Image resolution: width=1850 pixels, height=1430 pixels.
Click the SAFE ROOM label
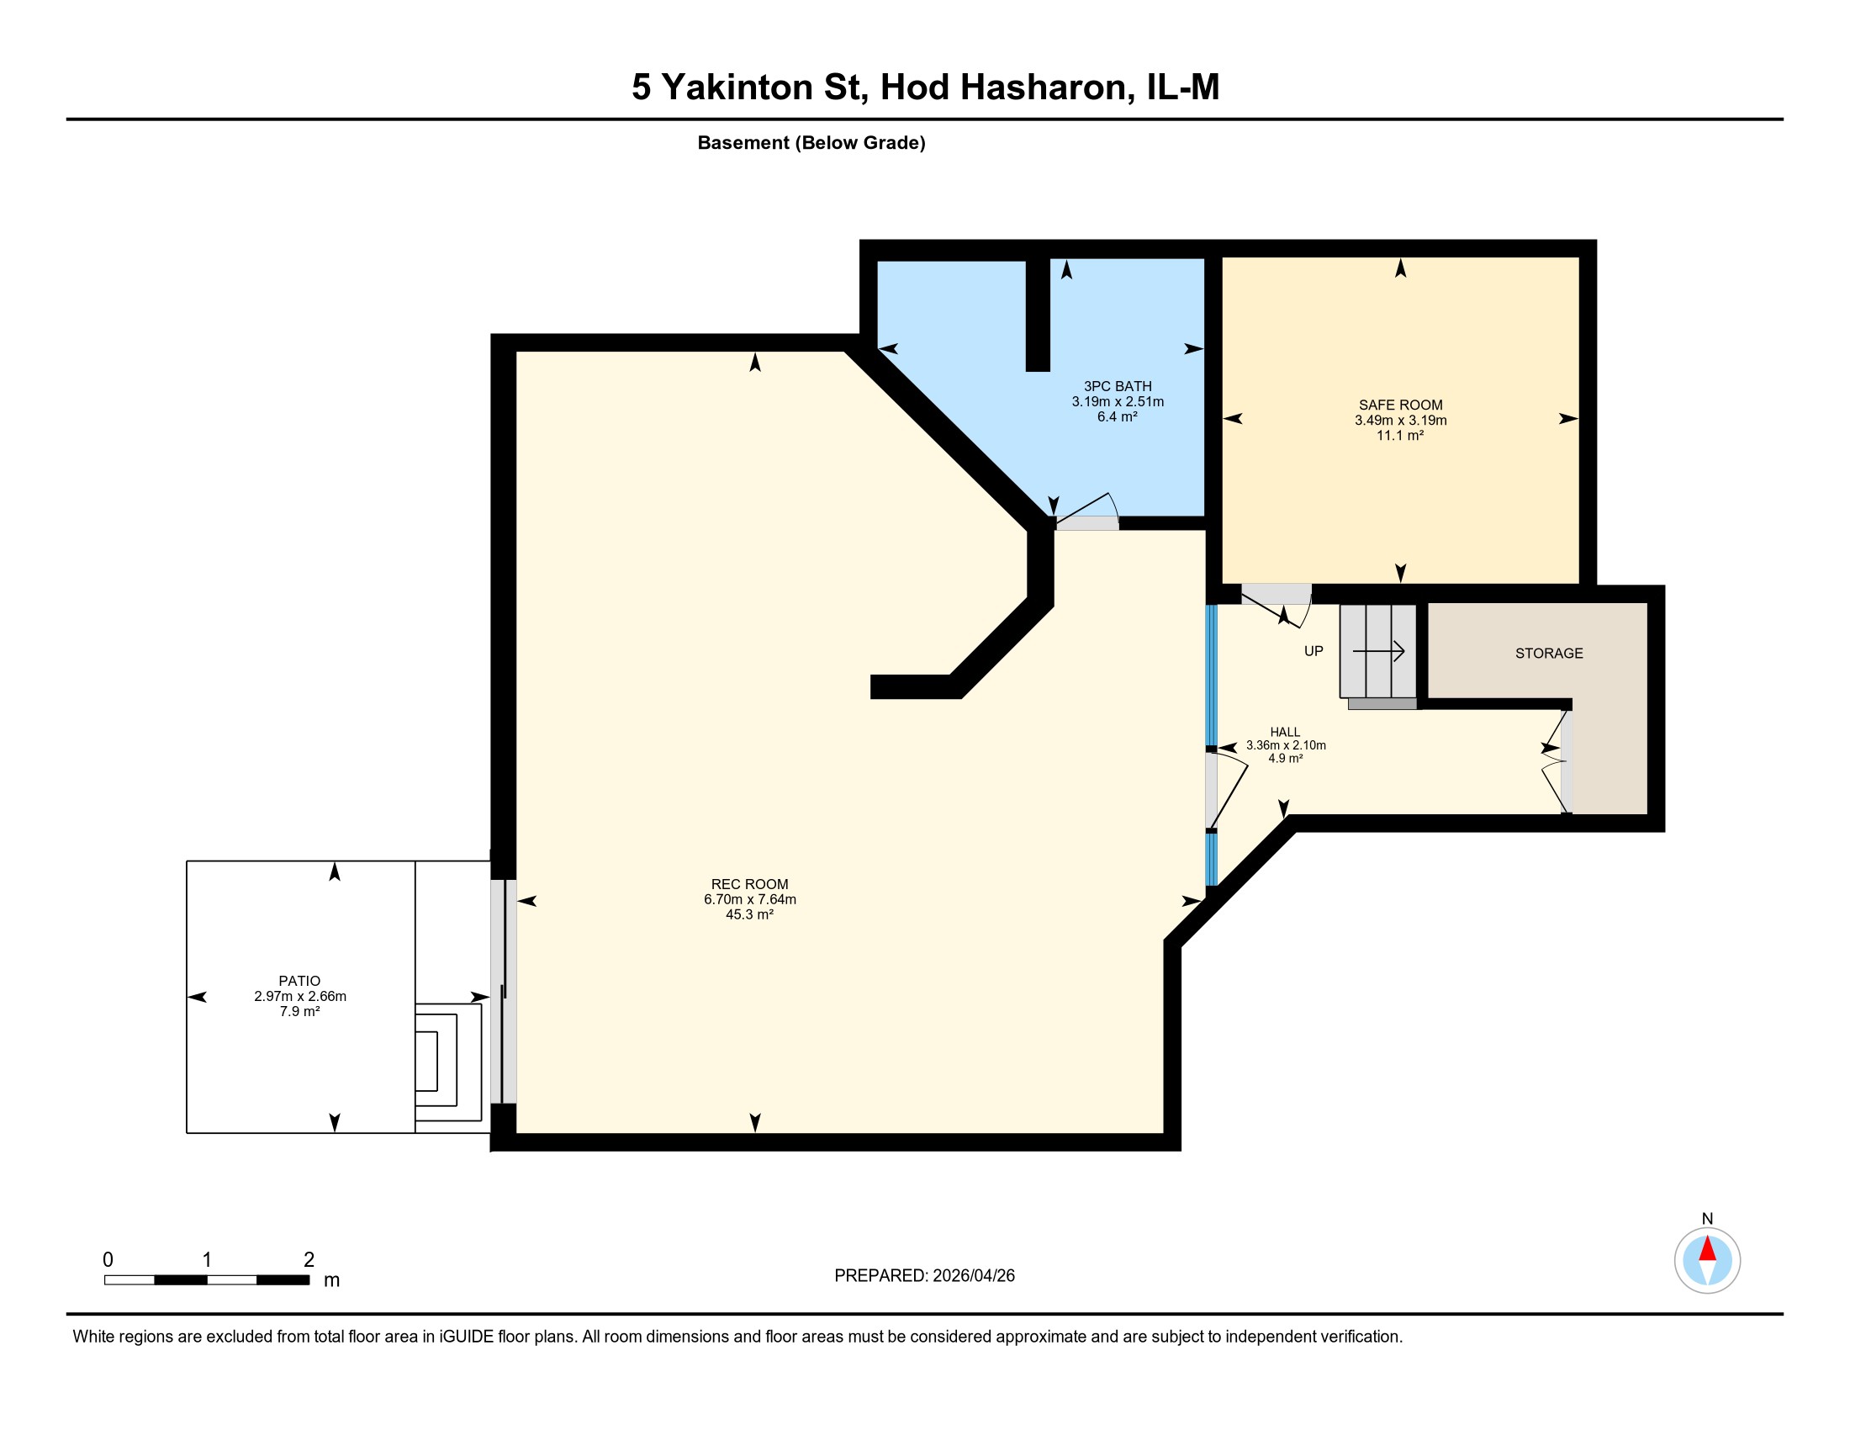(x=1400, y=405)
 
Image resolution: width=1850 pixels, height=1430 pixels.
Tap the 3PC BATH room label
(x=1118, y=386)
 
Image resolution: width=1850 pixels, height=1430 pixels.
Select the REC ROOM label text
(x=749, y=884)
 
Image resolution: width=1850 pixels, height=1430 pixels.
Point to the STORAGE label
(x=1548, y=653)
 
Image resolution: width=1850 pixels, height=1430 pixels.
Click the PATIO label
(x=300, y=981)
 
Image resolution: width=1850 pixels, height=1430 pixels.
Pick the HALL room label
(x=1285, y=732)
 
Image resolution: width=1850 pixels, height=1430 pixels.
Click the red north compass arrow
(x=1707, y=1248)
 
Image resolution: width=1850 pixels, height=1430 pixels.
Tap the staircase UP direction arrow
(x=1379, y=650)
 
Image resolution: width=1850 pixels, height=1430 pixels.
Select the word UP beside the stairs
(x=1313, y=651)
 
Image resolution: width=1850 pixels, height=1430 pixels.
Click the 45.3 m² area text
(x=749, y=915)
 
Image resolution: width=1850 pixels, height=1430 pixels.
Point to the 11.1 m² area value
(x=1400, y=436)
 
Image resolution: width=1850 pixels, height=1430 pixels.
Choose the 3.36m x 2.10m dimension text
(x=1285, y=745)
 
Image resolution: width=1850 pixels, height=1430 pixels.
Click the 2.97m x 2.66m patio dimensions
(x=300, y=996)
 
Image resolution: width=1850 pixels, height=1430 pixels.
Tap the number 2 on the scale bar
(x=309, y=1260)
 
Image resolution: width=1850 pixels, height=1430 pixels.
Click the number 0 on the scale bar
(x=108, y=1260)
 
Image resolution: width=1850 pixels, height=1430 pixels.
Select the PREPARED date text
(x=924, y=1276)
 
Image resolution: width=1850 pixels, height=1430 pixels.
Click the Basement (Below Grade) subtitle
(x=811, y=142)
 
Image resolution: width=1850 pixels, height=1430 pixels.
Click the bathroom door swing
(x=1087, y=508)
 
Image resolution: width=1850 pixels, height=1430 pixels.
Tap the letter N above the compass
(x=1707, y=1219)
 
